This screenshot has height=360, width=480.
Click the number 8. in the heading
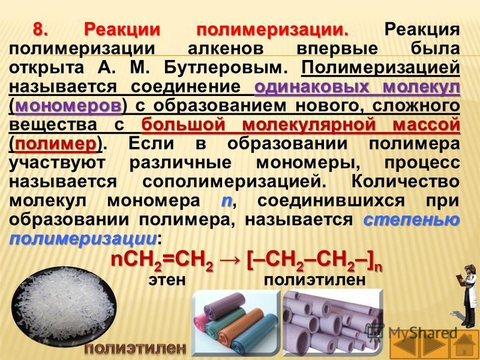41,30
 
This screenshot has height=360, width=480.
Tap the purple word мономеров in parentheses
68,106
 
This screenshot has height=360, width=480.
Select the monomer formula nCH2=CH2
162,263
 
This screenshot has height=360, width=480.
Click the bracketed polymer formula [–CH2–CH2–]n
314,263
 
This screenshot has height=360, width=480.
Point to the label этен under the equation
167,280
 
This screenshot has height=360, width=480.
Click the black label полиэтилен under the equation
314,280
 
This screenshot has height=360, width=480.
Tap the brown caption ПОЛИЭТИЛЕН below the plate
136,349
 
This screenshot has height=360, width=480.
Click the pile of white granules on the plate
65,306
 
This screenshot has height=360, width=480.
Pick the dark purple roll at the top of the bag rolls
225,305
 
